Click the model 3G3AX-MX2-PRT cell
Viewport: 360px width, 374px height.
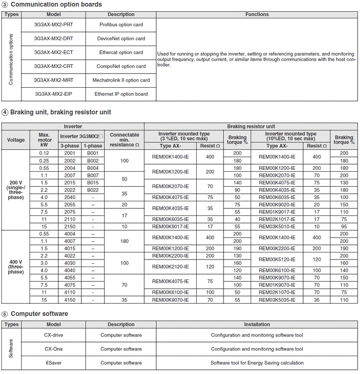click(54, 24)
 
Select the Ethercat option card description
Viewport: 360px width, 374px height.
click(121, 53)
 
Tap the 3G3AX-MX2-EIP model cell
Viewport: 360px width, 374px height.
click(54, 94)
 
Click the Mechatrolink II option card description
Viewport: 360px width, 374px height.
click(121, 80)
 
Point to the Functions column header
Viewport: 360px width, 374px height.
click(257, 15)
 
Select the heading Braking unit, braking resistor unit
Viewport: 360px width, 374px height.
click(61, 112)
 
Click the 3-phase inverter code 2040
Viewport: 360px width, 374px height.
click(69, 198)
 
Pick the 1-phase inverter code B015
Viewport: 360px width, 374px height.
click(93, 183)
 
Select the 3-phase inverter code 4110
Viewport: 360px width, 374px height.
click(69, 291)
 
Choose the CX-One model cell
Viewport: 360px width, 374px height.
click(54, 349)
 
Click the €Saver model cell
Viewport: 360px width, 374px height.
click(54, 363)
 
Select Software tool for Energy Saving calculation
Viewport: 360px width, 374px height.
click(257, 363)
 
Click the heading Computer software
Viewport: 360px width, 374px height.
click(39, 314)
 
